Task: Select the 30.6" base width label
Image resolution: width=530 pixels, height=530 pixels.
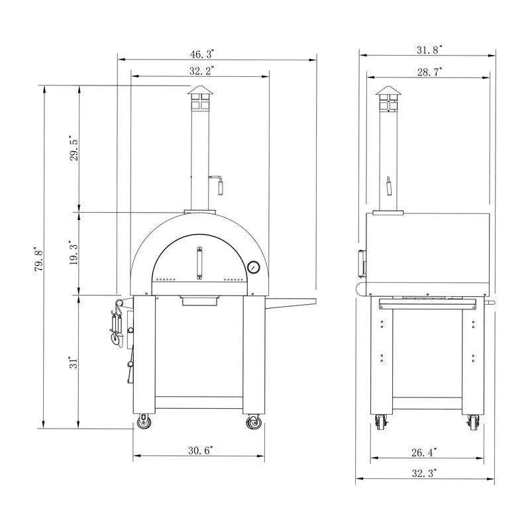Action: point(200,450)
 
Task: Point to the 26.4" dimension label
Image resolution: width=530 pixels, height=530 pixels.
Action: point(425,452)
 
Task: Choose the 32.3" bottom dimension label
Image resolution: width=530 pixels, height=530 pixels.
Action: point(425,473)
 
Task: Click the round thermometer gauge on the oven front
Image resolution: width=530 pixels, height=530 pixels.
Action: point(253,267)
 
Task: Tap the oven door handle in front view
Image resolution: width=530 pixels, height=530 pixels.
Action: point(197,262)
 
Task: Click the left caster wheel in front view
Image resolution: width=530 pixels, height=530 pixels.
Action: point(143,422)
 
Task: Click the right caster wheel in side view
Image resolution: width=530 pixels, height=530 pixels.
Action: point(473,422)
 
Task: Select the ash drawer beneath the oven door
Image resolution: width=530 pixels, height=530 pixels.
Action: point(199,301)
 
